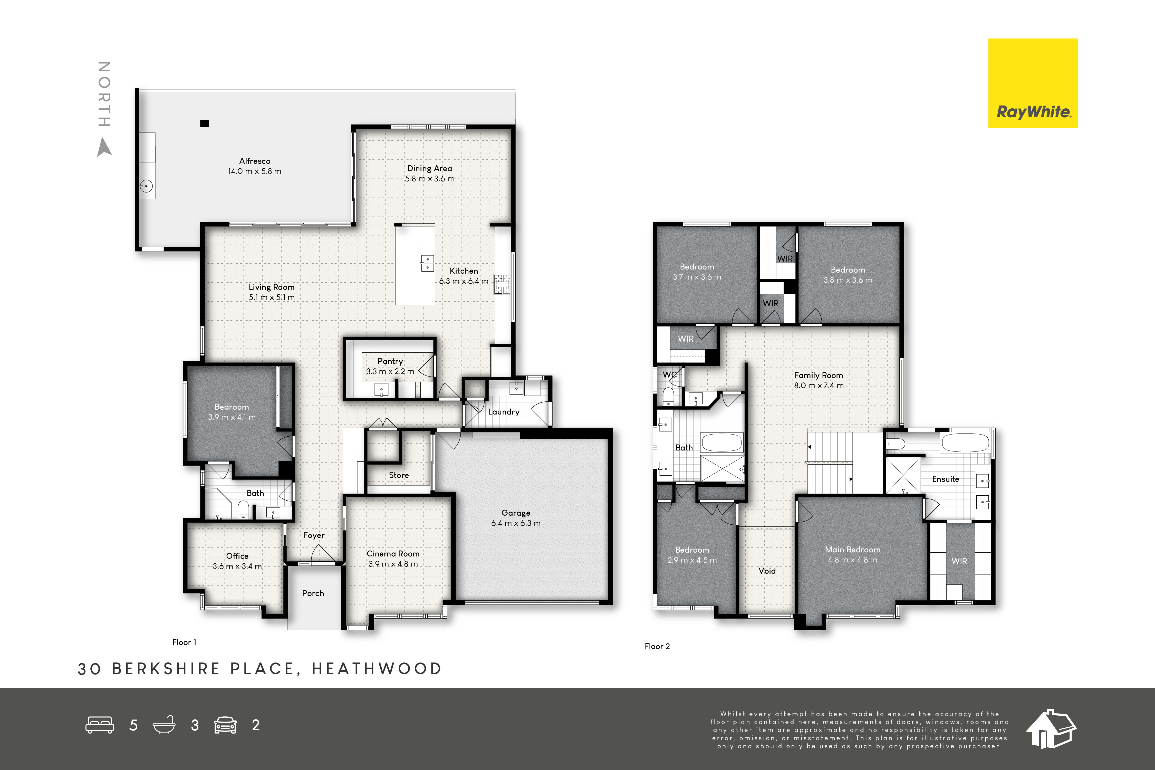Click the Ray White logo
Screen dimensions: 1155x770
pos(1033,83)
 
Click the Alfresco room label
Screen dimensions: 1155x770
pos(255,161)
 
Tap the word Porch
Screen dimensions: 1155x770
pos(313,593)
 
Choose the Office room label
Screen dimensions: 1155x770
pos(237,556)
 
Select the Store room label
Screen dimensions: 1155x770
pos(399,475)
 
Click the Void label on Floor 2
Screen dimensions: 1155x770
pos(767,571)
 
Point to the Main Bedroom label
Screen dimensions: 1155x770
pos(852,550)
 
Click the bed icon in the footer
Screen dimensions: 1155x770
pos(100,725)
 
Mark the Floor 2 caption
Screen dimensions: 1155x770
pos(657,646)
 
